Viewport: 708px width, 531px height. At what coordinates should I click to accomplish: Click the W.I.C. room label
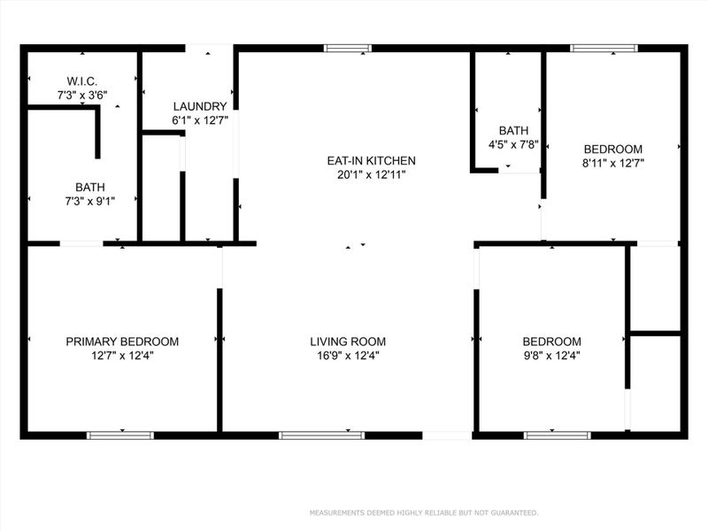(81, 80)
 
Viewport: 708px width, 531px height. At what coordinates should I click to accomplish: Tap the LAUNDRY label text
(199, 106)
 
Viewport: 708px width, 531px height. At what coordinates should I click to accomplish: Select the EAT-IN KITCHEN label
(371, 160)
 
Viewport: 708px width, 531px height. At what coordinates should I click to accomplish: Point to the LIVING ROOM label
(348, 342)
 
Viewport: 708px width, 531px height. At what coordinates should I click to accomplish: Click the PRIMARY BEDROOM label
(123, 342)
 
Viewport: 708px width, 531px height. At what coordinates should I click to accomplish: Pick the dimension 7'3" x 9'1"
(88, 201)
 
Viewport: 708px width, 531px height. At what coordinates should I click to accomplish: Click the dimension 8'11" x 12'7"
(612, 163)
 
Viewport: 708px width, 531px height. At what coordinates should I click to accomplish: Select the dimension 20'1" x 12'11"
(371, 174)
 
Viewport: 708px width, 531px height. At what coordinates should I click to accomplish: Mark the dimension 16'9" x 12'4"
(348, 356)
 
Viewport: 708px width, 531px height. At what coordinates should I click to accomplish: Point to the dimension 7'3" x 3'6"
(81, 93)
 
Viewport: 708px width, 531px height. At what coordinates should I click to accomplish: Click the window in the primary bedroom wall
(119, 435)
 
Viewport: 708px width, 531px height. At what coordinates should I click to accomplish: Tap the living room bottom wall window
(321, 435)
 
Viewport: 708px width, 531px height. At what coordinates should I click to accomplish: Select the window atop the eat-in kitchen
(346, 49)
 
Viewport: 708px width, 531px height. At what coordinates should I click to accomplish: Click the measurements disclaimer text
(423, 512)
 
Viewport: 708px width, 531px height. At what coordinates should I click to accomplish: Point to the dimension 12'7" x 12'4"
(123, 356)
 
